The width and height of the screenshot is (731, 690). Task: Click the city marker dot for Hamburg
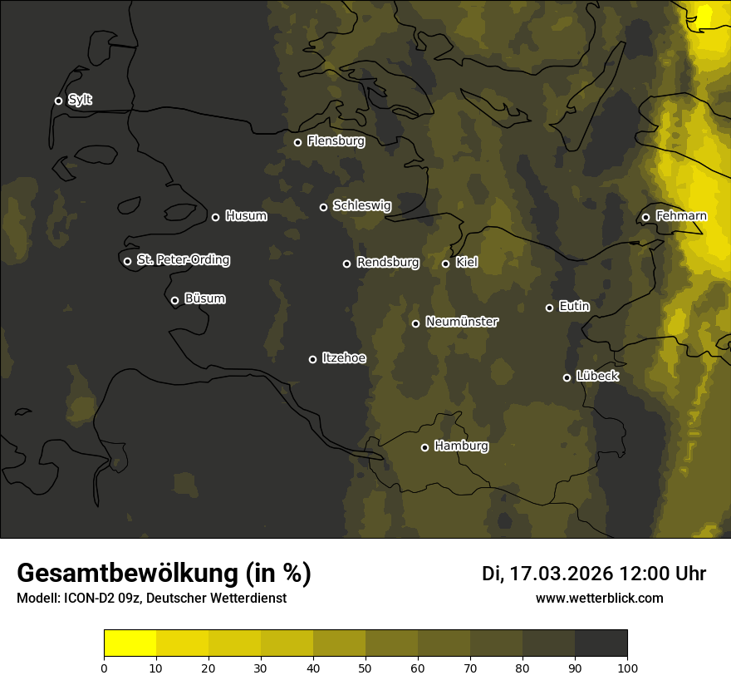click(x=424, y=447)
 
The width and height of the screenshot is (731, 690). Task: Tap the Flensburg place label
click(x=336, y=141)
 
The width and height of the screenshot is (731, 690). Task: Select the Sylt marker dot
click(x=58, y=101)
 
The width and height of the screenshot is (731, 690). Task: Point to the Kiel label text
click(x=467, y=263)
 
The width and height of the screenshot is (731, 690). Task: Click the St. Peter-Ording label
click(x=183, y=260)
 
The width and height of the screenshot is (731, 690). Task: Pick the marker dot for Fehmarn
click(x=645, y=217)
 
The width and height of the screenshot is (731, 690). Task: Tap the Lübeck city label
click(x=597, y=377)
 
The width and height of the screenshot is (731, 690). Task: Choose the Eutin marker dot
click(x=549, y=308)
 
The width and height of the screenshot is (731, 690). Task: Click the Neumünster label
click(x=462, y=322)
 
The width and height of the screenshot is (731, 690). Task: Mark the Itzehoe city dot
click(x=312, y=359)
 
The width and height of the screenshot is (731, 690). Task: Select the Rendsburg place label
click(x=388, y=263)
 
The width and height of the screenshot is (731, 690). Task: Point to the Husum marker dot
click(x=215, y=217)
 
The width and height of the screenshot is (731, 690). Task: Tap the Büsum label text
click(x=204, y=298)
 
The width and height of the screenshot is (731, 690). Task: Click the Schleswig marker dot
click(x=323, y=207)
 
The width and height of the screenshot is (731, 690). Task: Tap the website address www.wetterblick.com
click(x=599, y=598)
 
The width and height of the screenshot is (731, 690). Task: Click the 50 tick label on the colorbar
click(x=365, y=667)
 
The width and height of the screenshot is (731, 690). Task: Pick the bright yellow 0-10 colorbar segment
click(x=130, y=643)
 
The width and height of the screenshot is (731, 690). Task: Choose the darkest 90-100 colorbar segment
click(x=601, y=643)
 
